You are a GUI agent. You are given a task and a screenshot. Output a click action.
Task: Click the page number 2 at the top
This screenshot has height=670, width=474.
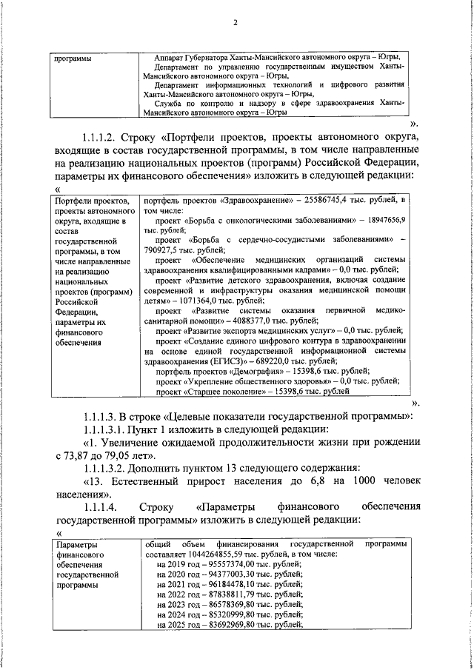236,22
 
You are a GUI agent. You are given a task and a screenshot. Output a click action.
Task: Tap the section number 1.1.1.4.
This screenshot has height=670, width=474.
99,507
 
